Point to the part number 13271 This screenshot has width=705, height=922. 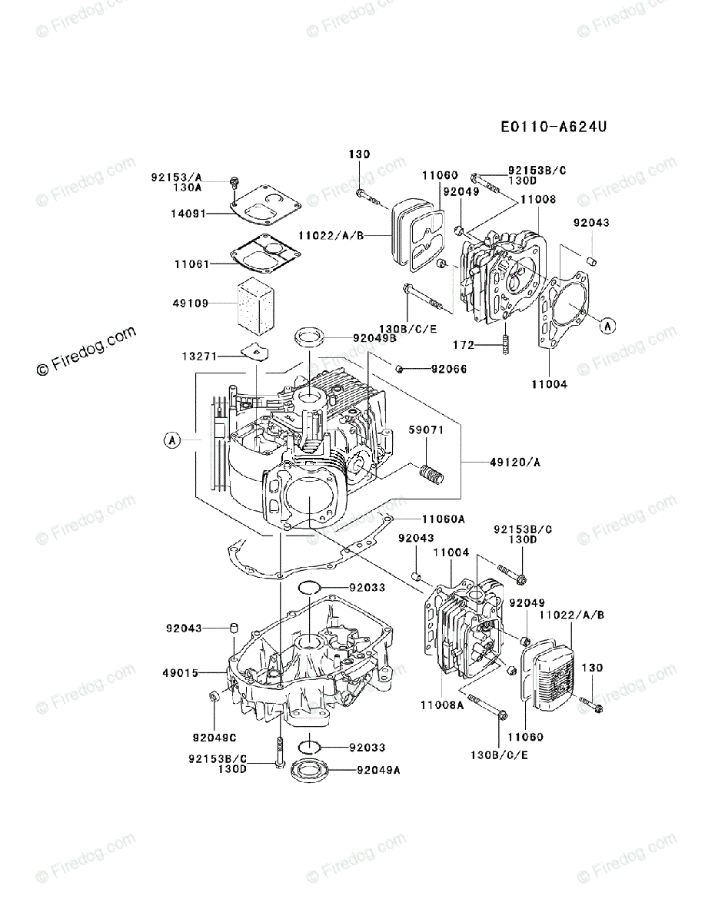(x=198, y=356)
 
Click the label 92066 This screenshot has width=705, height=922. (x=448, y=370)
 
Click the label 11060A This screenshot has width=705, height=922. (x=444, y=519)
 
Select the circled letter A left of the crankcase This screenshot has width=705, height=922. (x=171, y=440)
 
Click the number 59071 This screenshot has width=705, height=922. (x=425, y=430)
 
